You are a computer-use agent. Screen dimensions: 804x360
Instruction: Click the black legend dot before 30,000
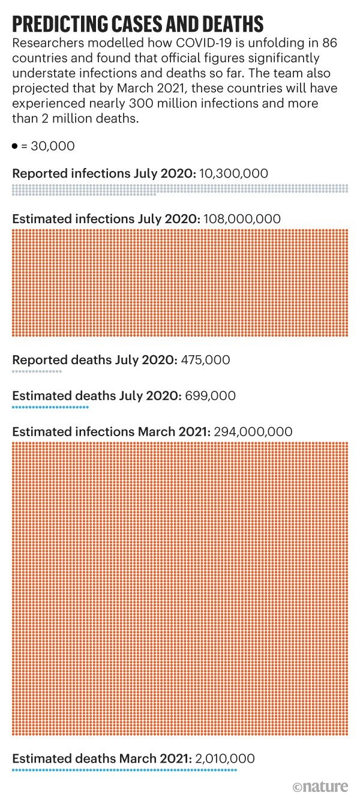14,146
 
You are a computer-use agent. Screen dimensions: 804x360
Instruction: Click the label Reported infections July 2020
104,173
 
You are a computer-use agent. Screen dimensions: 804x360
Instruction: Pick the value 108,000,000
242,219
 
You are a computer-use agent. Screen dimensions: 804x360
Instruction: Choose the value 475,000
205,360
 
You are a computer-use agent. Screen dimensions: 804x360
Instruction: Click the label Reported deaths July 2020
94,360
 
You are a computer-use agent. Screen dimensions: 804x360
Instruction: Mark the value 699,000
210,396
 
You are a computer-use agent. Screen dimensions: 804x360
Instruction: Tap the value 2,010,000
225,758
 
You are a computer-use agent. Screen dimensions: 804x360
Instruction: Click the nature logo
321,787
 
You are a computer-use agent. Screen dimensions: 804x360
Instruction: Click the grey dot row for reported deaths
37,372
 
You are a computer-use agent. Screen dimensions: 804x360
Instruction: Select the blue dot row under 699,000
50,407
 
